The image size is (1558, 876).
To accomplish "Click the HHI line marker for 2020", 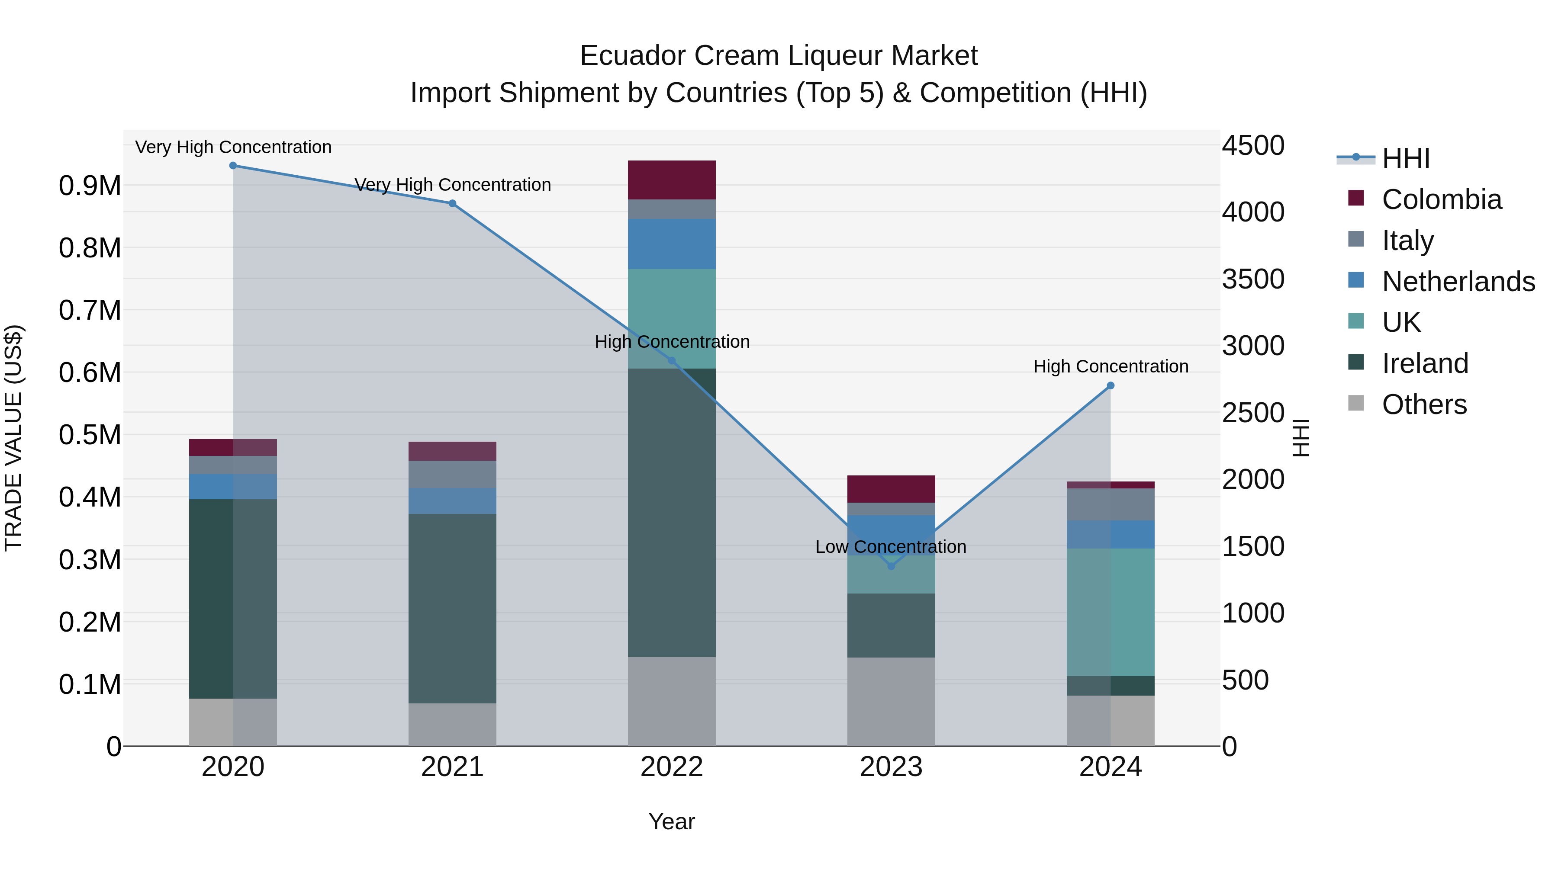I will [233, 166].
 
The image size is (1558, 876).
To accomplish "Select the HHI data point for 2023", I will [891, 566].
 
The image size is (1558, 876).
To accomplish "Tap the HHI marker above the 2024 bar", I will [1111, 386].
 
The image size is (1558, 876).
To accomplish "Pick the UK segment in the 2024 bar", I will [1111, 612].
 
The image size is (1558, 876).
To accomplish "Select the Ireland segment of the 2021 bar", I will [452, 608].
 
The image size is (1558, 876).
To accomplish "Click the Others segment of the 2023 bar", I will [891, 701].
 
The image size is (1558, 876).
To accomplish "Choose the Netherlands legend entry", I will [1458, 282].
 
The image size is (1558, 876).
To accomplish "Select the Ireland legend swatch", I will [1356, 363].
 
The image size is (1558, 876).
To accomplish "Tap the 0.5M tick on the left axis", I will [90, 435].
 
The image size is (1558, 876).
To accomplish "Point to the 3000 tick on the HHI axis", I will [1252, 347].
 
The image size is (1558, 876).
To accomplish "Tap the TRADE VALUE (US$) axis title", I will [14, 438].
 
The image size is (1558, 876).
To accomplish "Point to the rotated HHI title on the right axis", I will [1301, 438].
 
